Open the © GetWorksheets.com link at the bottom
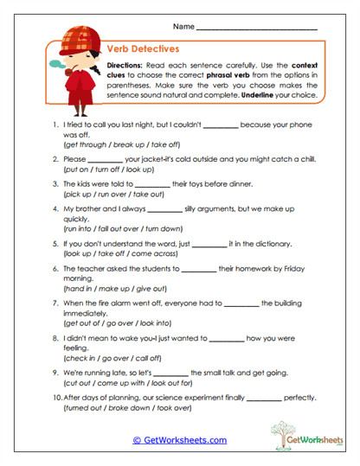pyautogui.click(x=179, y=439)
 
